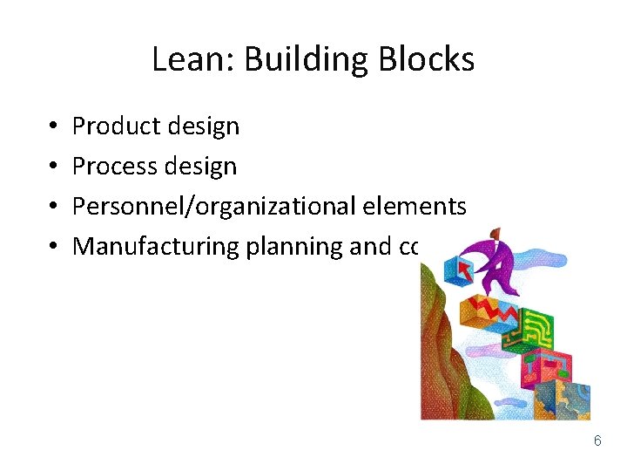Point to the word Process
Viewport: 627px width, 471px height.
point(111,166)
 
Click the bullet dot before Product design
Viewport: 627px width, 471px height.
point(53,127)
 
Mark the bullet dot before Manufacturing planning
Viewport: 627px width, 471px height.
point(53,247)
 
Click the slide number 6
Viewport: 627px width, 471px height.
point(597,440)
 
